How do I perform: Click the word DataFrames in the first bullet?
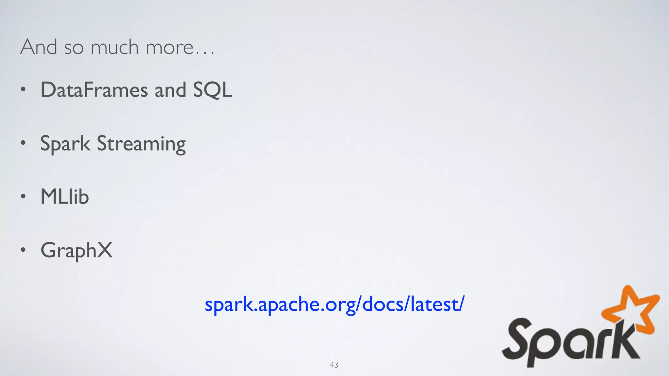[x=94, y=90]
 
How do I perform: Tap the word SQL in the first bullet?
[x=212, y=90]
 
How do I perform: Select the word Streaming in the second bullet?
[x=141, y=144]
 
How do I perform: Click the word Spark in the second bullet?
[x=65, y=144]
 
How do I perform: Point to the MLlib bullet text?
[x=65, y=197]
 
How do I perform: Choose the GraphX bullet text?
[x=76, y=251]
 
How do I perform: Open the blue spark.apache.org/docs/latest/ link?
[x=334, y=304]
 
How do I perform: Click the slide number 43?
[x=334, y=365]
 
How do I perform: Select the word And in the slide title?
[x=39, y=47]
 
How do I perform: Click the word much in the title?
[x=114, y=47]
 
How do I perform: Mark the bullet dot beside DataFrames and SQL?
[x=23, y=89]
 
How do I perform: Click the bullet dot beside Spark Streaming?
[x=23, y=143]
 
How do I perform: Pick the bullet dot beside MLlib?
[x=23, y=196]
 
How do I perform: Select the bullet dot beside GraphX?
[x=23, y=250]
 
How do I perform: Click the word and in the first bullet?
[x=170, y=90]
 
